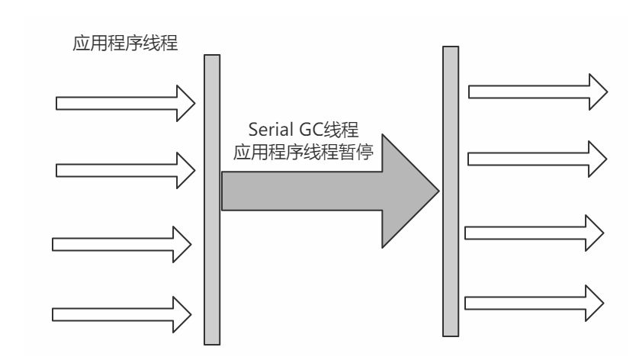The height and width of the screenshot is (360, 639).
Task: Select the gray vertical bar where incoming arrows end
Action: [212, 198]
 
